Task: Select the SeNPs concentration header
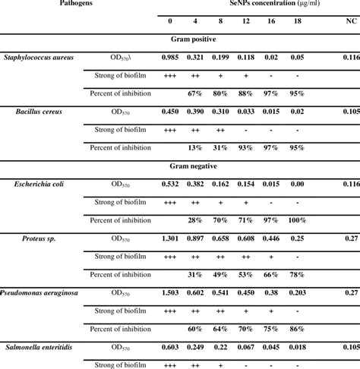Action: coord(245,4)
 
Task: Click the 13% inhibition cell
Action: coord(195,148)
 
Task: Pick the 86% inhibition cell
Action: coord(297,329)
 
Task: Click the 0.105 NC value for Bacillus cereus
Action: coord(349,112)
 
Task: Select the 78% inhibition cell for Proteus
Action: coord(297,275)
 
